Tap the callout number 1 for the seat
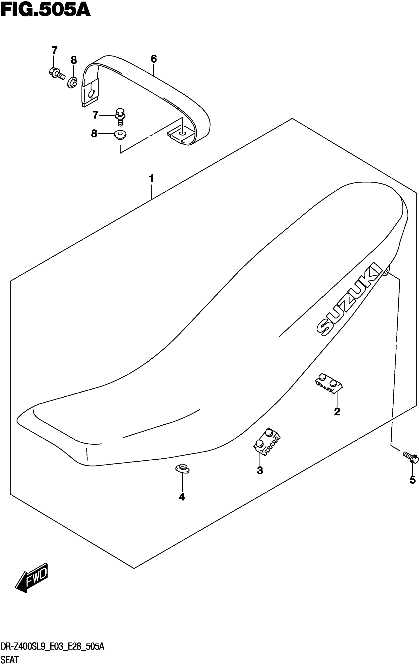click(x=151, y=179)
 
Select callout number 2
click(x=337, y=412)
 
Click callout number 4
click(x=182, y=497)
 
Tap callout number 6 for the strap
click(x=154, y=59)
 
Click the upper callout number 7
click(x=54, y=50)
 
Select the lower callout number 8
click(x=94, y=134)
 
